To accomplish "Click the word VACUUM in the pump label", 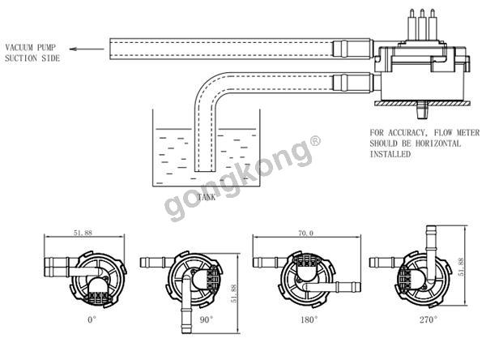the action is (x=19, y=48).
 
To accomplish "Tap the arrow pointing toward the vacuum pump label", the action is (x=87, y=49).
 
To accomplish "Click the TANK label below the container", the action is (x=207, y=197).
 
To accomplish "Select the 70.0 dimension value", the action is (x=306, y=233).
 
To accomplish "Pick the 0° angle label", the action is (x=92, y=319).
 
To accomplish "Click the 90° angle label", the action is (x=207, y=319).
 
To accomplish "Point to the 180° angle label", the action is (x=309, y=319).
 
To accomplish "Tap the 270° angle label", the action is (x=428, y=319).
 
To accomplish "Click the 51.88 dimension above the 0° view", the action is (x=83, y=233).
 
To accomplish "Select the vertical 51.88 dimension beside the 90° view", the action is (x=234, y=294).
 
